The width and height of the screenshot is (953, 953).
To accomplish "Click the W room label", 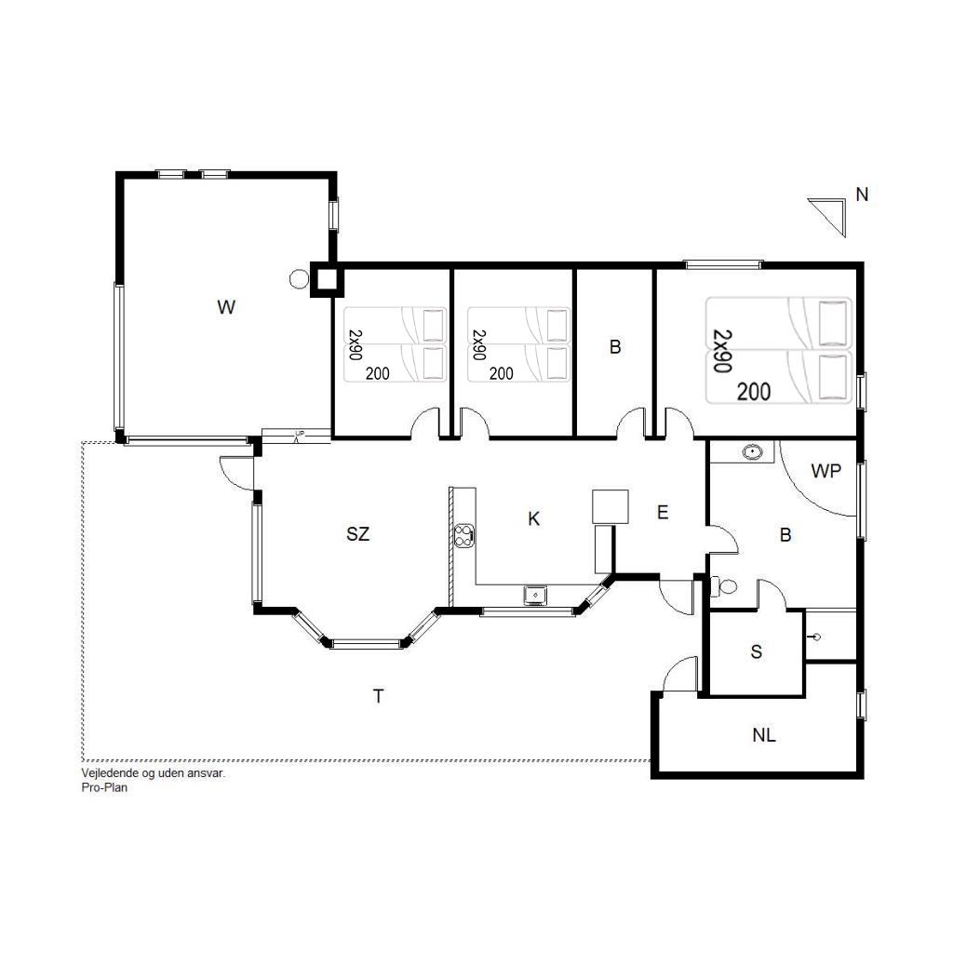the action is (x=226, y=307).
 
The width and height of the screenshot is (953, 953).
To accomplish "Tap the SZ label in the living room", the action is (x=358, y=534).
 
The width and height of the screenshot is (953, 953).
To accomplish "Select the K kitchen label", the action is (x=533, y=519).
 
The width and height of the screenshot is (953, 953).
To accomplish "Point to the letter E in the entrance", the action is (x=663, y=513).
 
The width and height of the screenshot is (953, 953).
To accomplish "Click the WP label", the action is (x=826, y=470).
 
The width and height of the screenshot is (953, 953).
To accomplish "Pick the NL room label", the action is (x=764, y=735).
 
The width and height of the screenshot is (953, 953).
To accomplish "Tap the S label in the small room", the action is (x=756, y=652).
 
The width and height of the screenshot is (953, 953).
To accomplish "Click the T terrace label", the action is (x=378, y=696).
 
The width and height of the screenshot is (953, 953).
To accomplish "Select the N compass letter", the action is (x=862, y=195).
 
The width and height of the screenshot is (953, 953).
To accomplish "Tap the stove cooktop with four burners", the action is (x=463, y=536).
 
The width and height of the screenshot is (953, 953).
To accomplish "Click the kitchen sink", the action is (x=535, y=596).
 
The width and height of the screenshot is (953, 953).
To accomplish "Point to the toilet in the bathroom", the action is (x=723, y=587).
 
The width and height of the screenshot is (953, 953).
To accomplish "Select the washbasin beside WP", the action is (x=753, y=451).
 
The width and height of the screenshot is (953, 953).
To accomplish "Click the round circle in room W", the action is (x=299, y=279).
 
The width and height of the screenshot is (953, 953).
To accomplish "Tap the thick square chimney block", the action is (x=327, y=279).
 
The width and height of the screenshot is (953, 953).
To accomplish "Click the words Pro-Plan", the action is (x=104, y=787).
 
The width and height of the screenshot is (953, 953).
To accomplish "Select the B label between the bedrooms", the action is (x=615, y=347).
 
